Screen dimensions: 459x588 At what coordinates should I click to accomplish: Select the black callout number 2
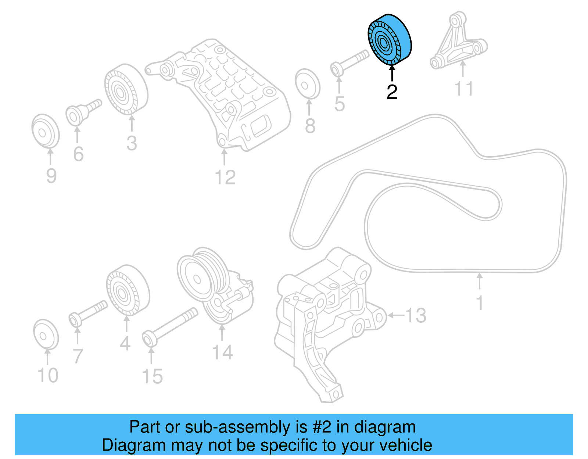392,92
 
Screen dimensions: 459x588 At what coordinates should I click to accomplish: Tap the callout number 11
464,89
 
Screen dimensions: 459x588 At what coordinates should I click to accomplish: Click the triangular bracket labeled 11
458,42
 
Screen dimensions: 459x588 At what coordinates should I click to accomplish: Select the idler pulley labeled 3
126,90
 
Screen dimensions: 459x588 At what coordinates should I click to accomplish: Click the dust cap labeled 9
45,131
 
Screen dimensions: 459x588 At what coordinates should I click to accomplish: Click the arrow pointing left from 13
395,315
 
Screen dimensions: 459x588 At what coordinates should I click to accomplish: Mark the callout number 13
416,315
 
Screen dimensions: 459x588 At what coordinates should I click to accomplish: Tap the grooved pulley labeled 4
128,290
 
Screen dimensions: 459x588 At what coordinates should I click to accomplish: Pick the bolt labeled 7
88,312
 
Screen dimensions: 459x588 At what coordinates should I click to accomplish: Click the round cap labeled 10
46,334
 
